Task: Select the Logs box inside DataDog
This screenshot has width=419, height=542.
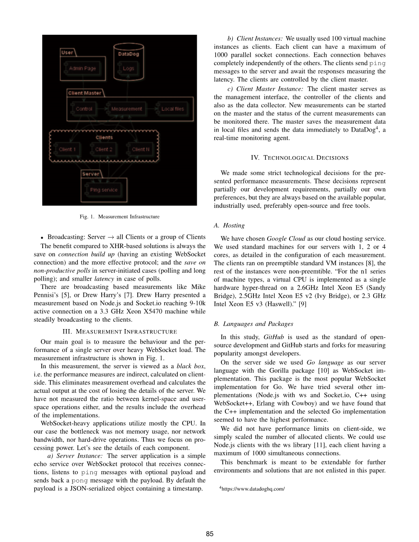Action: tap(128, 68)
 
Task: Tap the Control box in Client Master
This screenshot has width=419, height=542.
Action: tap(84, 109)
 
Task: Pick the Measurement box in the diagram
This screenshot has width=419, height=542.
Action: tap(126, 109)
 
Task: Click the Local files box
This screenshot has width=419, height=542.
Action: tap(173, 109)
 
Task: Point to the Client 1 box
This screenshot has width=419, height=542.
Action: tap(67, 149)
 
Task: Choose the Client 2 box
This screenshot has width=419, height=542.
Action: tap(104, 149)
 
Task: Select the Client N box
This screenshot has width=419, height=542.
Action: tap(140, 149)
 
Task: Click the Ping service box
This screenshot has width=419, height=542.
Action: tap(103, 190)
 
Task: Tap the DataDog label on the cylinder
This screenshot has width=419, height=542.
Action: tap(128, 54)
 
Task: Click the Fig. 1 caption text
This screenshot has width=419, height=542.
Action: tap(119, 216)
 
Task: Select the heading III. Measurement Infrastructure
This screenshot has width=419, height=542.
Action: tap(119, 331)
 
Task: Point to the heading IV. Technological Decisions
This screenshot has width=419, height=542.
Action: tap(299, 157)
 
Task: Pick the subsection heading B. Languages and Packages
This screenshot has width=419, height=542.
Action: tap(253, 324)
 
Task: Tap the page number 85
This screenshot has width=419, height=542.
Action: tap(209, 534)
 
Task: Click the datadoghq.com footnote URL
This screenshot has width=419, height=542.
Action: tap(253, 488)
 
